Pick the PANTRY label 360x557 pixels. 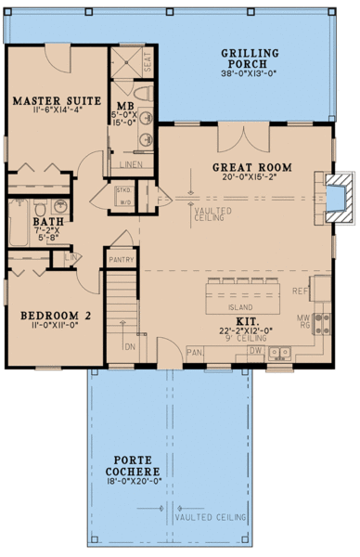click(119, 261)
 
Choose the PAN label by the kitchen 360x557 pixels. click(195, 353)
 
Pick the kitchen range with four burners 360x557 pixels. click(324, 324)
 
